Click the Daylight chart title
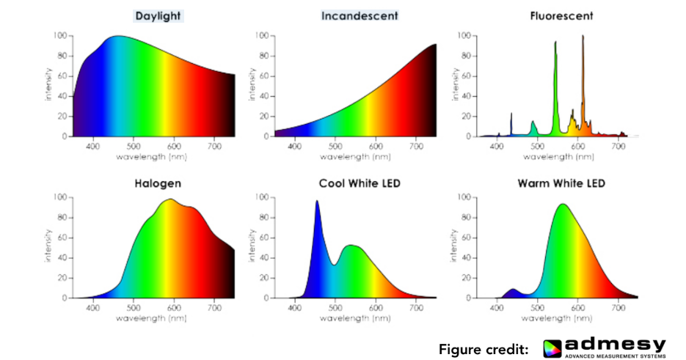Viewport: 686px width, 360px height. (x=158, y=15)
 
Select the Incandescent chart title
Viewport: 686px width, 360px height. (x=360, y=15)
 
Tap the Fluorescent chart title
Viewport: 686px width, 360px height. (x=561, y=15)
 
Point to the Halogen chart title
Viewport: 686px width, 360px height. (x=158, y=183)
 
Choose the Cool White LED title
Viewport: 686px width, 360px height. (x=360, y=183)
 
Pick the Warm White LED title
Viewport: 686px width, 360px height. (x=561, y=183)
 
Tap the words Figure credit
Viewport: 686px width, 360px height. (x=484, y=349)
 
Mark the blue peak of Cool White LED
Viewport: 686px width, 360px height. (x=317, y=203)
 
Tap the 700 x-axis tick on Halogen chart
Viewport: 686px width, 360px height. (x=214, y=309)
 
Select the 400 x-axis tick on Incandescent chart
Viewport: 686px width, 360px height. (x=295, y=147)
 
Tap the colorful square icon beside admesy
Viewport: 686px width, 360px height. (x=553, y=348)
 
